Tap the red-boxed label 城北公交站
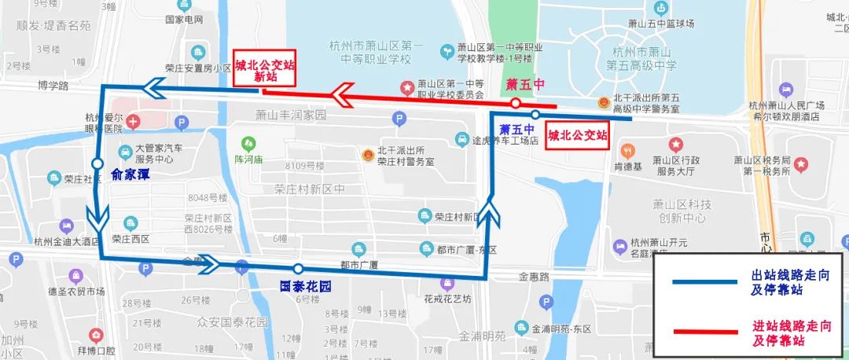point(578,135)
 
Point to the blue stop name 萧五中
point(517,130)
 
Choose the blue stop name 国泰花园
point(305,287)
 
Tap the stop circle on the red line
point(514,104)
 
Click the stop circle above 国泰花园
point(297,269)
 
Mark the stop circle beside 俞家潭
point(97,163)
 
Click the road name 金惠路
point(533,277)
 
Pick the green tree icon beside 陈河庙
point(249,143)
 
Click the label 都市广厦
point(360,264)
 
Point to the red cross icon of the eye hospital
point(133,122)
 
